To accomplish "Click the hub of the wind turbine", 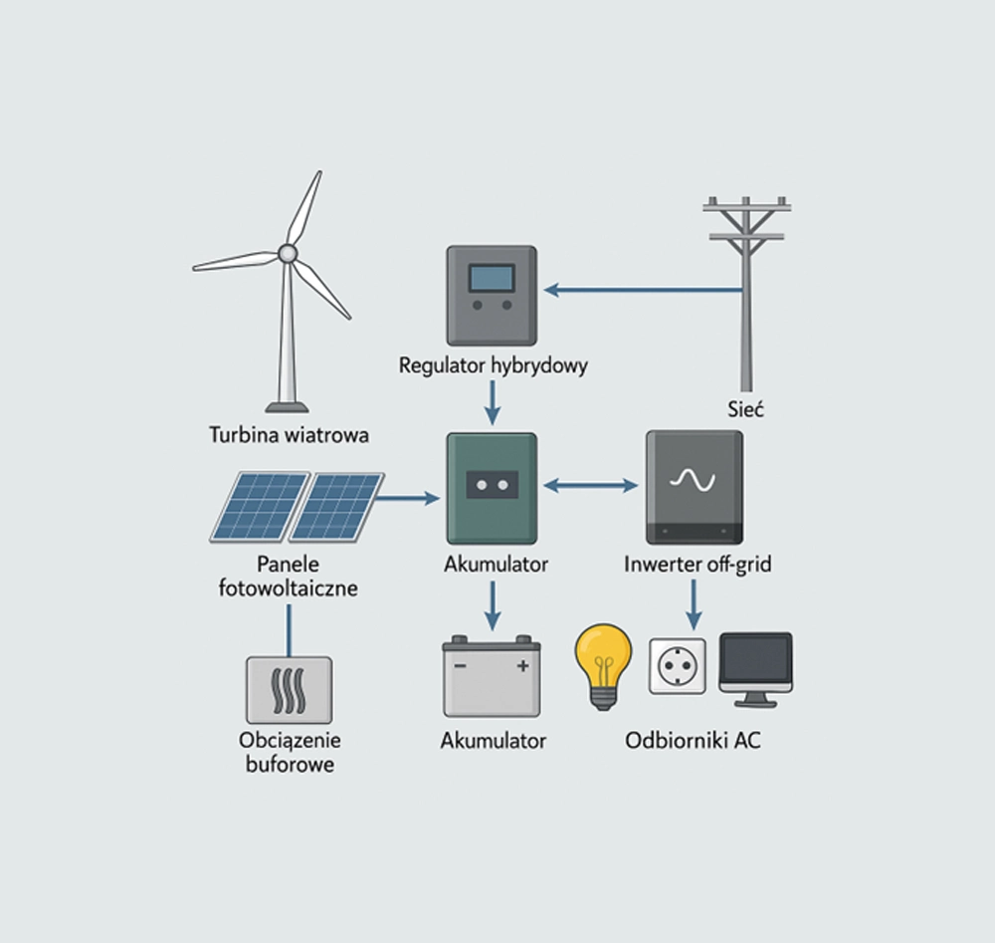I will click(x=288, y=254).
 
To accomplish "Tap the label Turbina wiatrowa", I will click(x=290, y=435).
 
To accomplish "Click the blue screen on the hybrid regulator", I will click(x=492, y=276).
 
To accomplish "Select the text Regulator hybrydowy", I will click(x=493, y=365).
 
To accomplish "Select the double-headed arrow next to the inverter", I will click(x=591, y=486).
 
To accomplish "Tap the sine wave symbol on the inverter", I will click(x=693, y=480).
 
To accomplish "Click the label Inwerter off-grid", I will click(x=696, y=565).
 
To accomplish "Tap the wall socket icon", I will click(x=678, y=666).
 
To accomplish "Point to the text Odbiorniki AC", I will click(x=694, y=741).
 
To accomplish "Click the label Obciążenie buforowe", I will click(x=290, y=752).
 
